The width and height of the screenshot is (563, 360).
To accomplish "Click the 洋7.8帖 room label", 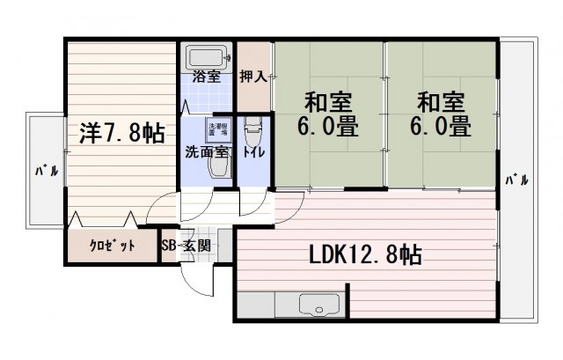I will pyautogui.click(x=121, y=133).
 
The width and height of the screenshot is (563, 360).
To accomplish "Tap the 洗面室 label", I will pyautogui.click(x=208, y=151).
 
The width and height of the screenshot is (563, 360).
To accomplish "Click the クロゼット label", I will pyautogui.click(x=113, y=246).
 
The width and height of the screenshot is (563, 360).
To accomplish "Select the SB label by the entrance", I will pyautogui.click(x=170, y=246).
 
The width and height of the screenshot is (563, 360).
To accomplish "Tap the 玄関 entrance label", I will pyautogui.click(x=196, y=246).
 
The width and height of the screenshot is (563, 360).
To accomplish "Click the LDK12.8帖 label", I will pyautogui.click(x=364, y=256).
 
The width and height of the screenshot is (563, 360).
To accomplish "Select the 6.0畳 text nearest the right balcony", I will pyautogui.click(x=438, y=127).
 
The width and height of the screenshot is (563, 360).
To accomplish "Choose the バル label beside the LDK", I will pyautogui.click(x=516, y=180).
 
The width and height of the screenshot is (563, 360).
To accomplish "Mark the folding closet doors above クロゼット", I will pyautogui.click(x=102, y=218).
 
